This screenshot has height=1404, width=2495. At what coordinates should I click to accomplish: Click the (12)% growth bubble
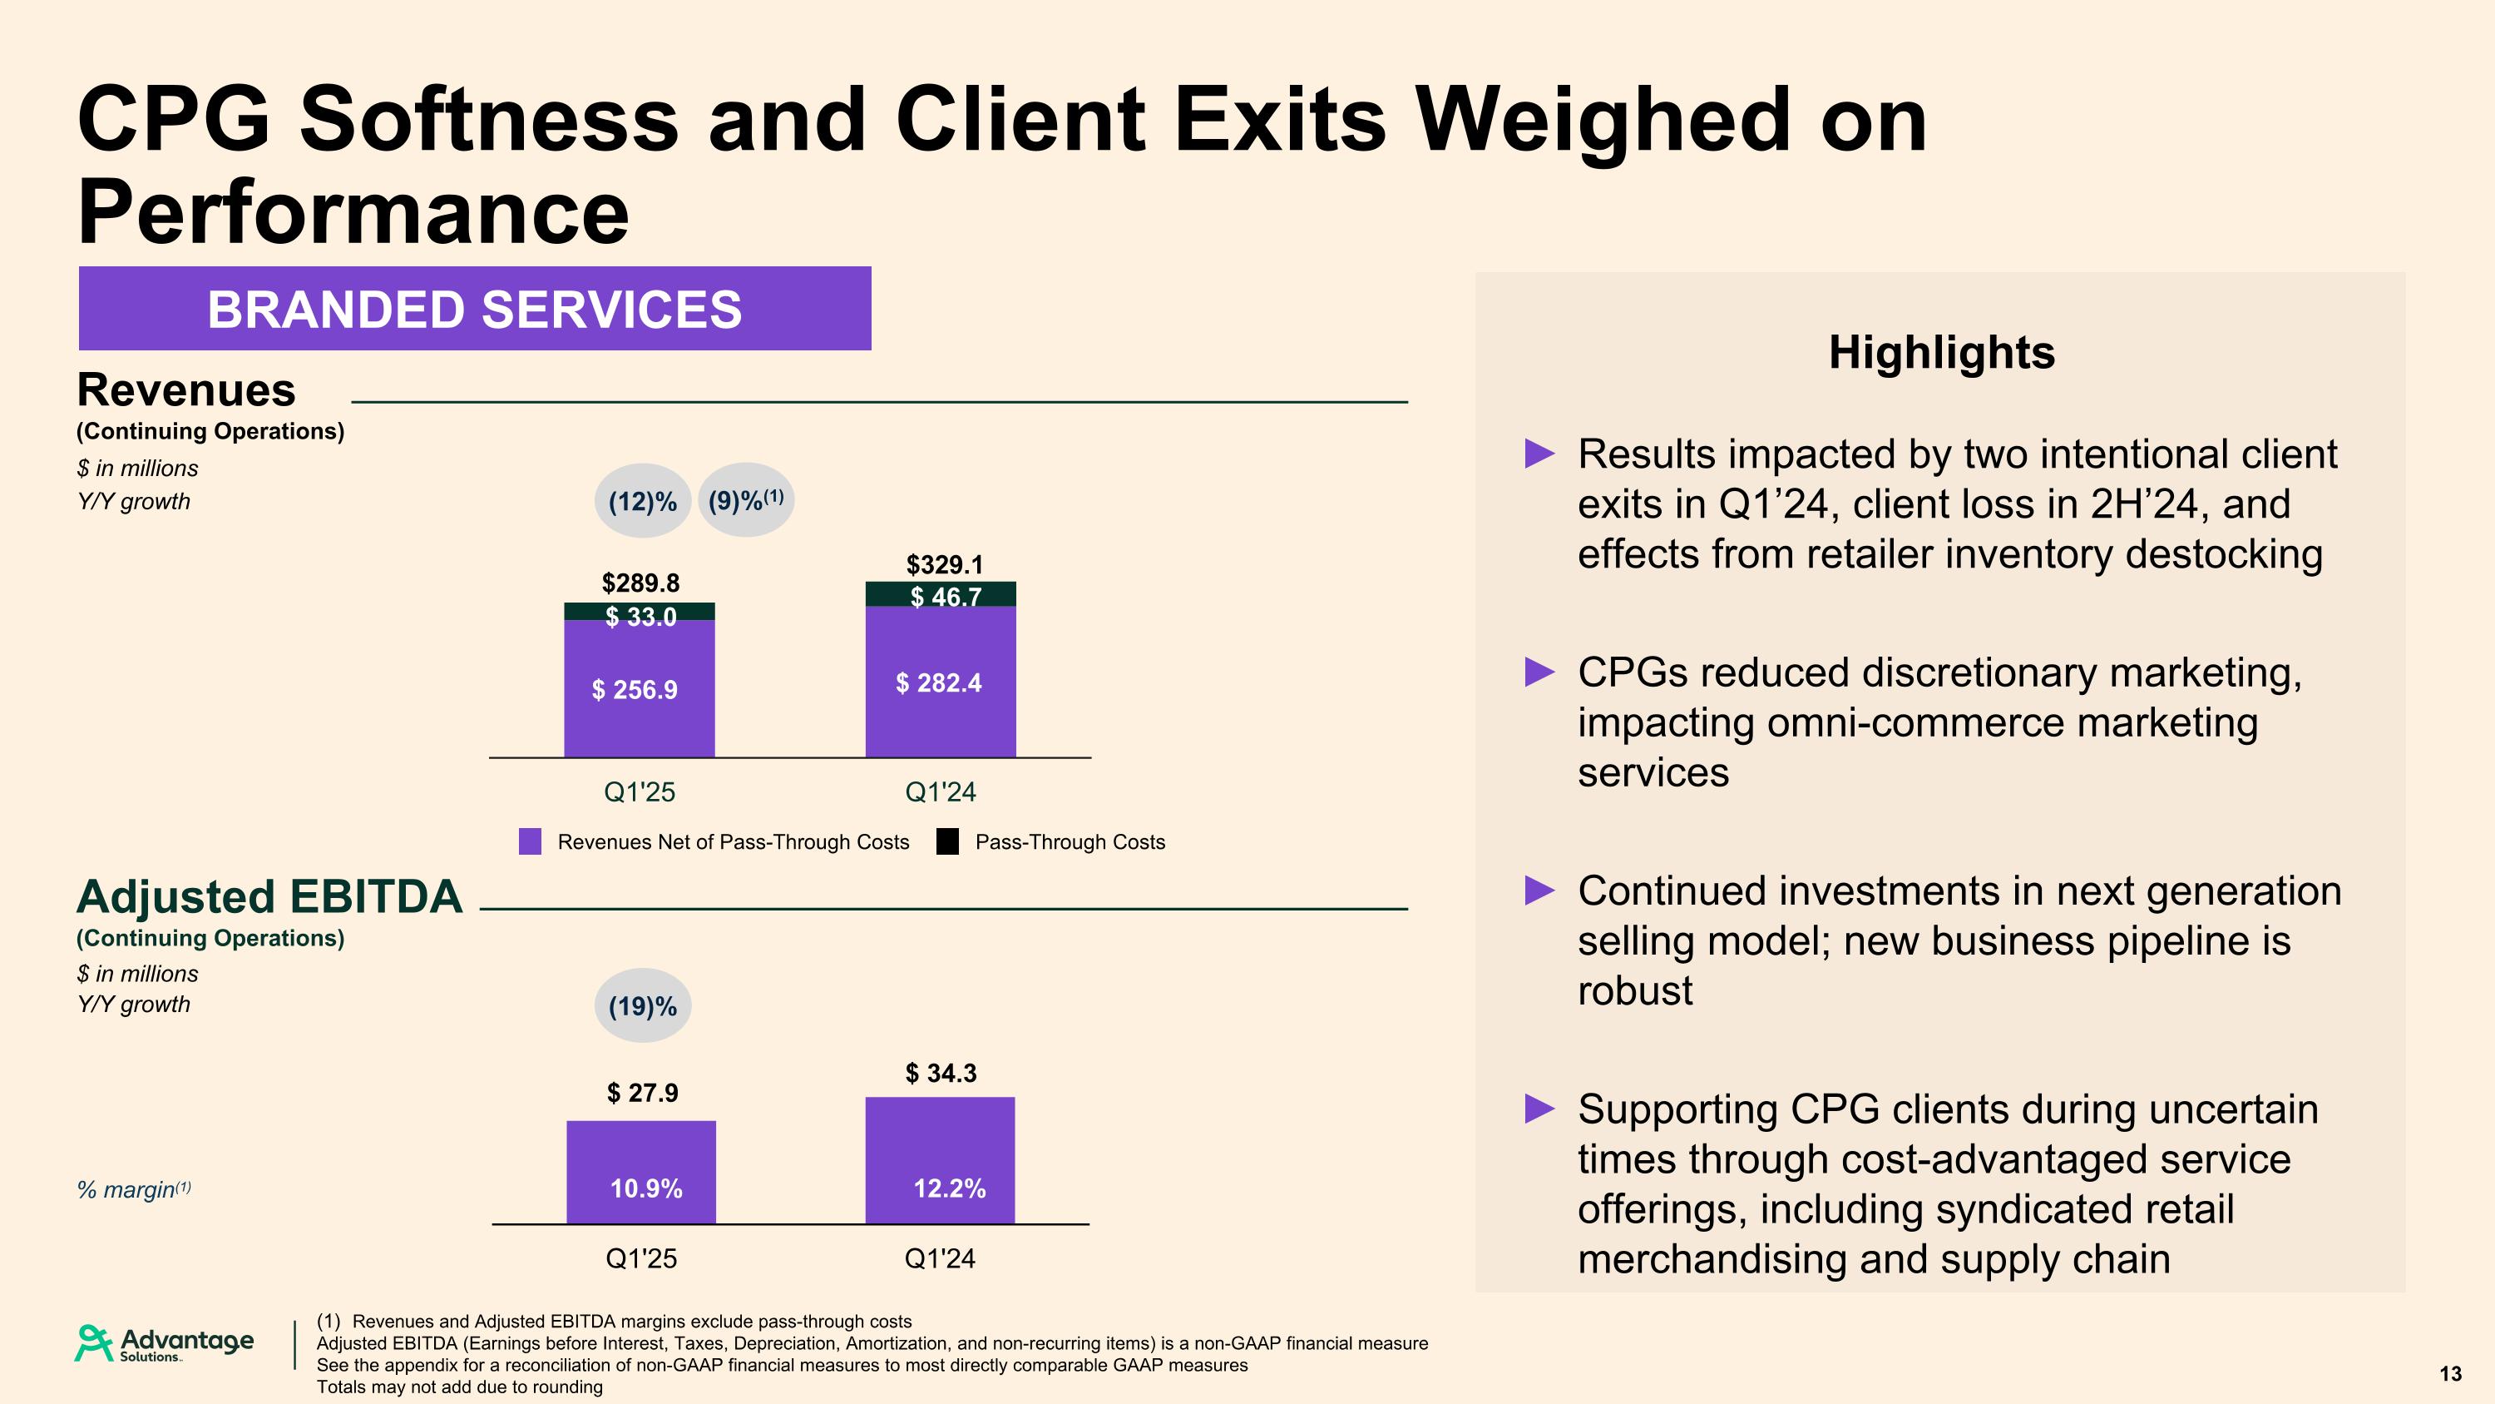pyautogui.click(x=642, y=501)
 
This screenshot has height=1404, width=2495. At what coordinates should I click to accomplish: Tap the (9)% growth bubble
pyautogui.click(x=746, y=500)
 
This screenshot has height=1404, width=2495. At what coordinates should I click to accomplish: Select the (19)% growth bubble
pyautogui.click(x=642, y=1005)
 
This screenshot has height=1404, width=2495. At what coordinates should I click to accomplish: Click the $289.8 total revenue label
pyautogui.click(x=640, y=583)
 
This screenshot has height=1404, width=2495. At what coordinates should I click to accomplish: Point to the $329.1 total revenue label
pyautogui.click(x=943, y=564)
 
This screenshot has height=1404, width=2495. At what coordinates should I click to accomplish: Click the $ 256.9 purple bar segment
pyautogui.click(x=640, y=690)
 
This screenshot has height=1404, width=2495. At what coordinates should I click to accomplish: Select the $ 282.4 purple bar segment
pyautogui.click(x=941, y=683)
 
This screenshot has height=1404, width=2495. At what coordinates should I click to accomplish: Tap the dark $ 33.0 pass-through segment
pyautogui.click(x=640, y=613)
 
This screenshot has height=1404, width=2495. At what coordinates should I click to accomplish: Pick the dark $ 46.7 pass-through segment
pyautogui.click(x=941, y=594)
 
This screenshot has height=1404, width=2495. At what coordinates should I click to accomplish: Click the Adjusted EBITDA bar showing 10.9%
pyautogui.click(x=641, y=1172)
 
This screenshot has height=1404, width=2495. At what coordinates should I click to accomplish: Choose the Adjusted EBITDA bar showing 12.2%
pyautogui.click(x=941, y=1160)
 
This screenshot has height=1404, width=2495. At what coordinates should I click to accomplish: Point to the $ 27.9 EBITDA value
pyautogui.click(x=642, y=1093)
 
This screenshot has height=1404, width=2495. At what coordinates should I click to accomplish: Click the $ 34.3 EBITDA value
pyautogui.click(x=941, y=1073)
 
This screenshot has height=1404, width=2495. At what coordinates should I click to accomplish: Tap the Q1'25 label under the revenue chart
pyautogui.click(x=640, y=791)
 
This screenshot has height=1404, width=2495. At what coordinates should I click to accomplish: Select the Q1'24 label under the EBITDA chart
pyautogui.click(x=940, y=1258)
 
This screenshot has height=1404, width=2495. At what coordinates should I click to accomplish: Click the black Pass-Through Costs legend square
pyautogui.click(x=947, y=842)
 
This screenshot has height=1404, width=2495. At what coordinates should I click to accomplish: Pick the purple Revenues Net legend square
pyautogui.click(x=530, y=842)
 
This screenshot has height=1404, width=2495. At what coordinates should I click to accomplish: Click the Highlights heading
pyautogui.click(x=1941, y=352)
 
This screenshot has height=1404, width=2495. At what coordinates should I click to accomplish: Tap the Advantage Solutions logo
pyautogui.click(x=165, y=1343)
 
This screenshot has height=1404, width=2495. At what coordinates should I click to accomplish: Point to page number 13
pyautogui.click(x=2450, y=1374)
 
